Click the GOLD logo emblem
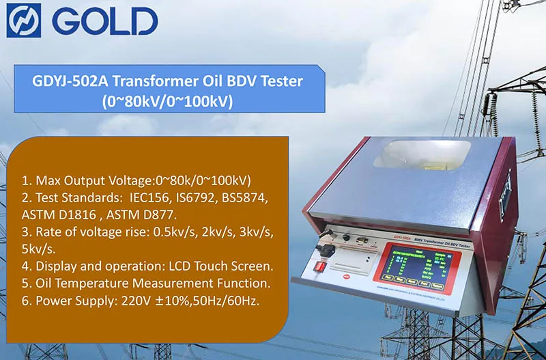pos(24,20)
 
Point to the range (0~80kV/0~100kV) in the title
pos(168,102)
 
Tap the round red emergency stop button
pos(349,277)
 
